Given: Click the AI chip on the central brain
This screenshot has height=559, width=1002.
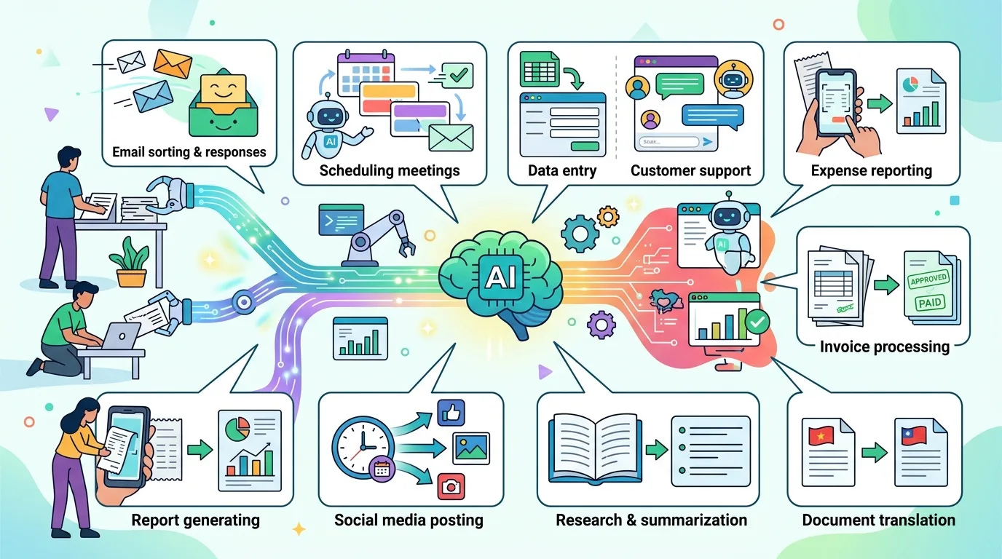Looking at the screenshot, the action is click(x=500, y=277).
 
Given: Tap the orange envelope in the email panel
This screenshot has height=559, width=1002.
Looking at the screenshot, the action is click(x=172, y=63).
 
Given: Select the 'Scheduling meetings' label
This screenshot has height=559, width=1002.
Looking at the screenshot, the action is click(x=390, y=170).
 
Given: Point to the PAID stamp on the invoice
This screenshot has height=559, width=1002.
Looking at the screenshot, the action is click(x=929, y=303).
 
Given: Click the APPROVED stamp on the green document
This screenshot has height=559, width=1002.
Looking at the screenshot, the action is click(x=928, y=279).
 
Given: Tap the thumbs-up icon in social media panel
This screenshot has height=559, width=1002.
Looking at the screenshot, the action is click(x=451, y=412).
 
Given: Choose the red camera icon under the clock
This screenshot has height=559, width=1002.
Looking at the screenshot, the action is click(x=451, y=486).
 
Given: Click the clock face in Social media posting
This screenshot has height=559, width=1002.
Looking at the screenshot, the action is click(x=363, y=447).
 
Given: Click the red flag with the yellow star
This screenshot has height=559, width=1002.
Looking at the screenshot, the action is click(x=821, y=436).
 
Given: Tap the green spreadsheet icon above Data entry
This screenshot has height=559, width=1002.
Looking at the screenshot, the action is click(x=540, y=69).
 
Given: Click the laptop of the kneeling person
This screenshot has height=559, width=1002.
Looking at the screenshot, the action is click(x=120, y=336).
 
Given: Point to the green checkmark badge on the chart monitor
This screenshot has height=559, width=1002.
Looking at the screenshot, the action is click(x=757, y=322).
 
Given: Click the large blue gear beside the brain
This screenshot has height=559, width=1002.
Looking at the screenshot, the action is click(x=580, y=234).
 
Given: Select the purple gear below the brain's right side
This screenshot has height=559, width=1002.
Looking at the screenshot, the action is click(x=601, y=325).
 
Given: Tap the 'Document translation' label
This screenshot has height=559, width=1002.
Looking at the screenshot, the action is click(x=878, y=520).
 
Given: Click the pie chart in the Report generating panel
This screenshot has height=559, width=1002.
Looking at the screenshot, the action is click(x=237, y=429).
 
